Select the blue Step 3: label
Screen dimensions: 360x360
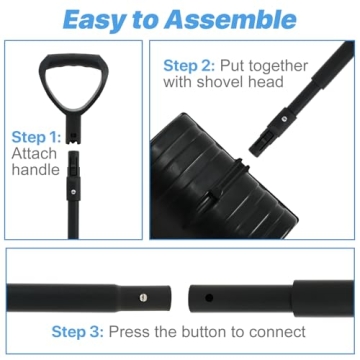pos(76,332)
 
